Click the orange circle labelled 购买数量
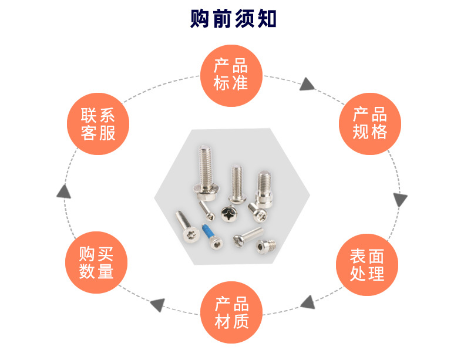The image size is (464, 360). coord(96,263)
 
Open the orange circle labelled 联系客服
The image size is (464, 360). coord(97,124)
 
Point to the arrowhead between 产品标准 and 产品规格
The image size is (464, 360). coord(307,85)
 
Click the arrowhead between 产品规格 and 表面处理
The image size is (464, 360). coord(400,200)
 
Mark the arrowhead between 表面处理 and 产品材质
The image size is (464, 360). coord(306,302)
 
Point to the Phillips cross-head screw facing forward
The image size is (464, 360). coord(228,214)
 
